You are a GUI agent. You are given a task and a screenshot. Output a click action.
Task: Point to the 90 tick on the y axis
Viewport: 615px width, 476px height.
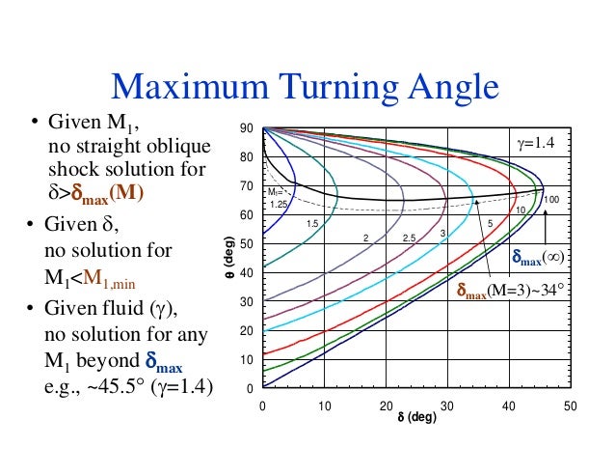[247, 128]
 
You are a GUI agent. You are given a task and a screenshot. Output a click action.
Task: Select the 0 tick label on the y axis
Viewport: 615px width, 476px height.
[250, 389]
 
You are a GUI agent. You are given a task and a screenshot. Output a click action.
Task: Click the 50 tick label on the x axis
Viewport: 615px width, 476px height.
[570, 406]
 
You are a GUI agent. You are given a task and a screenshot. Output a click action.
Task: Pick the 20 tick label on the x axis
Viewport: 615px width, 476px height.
[386, 406]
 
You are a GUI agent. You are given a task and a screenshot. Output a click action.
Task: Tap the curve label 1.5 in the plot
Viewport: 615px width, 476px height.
[312, 224]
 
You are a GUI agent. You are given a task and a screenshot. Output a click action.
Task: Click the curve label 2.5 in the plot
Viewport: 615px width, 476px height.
[409, 238]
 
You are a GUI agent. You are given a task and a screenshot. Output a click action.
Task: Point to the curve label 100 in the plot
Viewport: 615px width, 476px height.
[551, 200]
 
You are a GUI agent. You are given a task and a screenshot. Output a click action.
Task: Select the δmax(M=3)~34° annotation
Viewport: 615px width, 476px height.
[511, 290]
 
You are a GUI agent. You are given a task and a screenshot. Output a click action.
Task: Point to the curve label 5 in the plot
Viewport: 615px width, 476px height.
[490, 224]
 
